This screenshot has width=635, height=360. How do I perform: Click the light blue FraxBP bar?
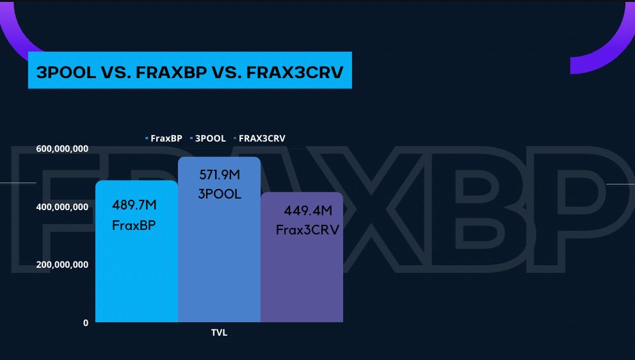[x=136, y=251]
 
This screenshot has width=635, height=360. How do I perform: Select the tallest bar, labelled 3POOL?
[x=219, y=240]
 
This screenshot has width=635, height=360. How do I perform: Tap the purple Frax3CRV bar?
[x=301, y=258]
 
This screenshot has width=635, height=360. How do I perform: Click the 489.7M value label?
[x=134, y=205]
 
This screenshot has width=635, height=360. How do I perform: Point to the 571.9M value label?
[x=220, y=175]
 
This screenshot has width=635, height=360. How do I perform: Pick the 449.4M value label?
[x=308, y=211]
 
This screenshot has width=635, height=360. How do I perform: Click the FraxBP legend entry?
[x=164, y=138]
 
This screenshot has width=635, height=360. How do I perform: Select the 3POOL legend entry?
[x=208, y=138]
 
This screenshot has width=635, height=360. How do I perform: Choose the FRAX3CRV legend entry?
[x=260, y=138]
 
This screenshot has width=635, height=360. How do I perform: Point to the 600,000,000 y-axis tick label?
[x=62, y=149]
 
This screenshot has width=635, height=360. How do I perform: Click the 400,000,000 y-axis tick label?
[x=62, y=207]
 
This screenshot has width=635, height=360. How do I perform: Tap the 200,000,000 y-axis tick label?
[x=62, y=265]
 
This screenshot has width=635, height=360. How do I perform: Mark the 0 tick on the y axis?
[x=85, y=323]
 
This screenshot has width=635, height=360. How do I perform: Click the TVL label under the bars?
[x=219, y=333]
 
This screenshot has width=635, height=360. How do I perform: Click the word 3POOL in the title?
[x=66, y=72]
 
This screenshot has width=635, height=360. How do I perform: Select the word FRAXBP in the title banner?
[x=172, y=72]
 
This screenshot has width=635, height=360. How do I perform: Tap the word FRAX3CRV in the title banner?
[x=295, y=72]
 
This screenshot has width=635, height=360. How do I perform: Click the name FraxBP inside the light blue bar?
[x=134, y=225]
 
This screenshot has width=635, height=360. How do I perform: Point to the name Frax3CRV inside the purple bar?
[x=307, y=230]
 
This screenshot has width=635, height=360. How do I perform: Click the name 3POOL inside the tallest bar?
[x=220, y=194]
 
